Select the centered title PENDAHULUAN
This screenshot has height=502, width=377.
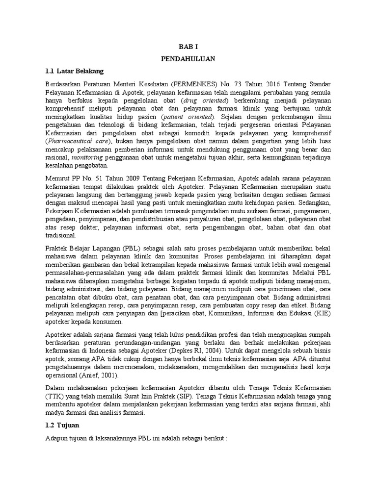click(188, 59)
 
